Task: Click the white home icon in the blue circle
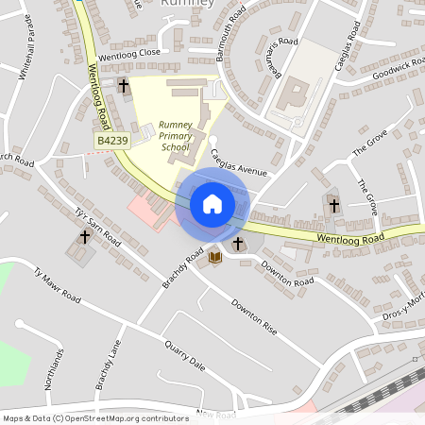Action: click(212, 203)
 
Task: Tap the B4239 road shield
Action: click(112, 140)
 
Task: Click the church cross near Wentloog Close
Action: click(123, 86)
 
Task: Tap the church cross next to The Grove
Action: click(332, 203)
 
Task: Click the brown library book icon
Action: click(215, 256)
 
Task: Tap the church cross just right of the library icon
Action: click(237, 245)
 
